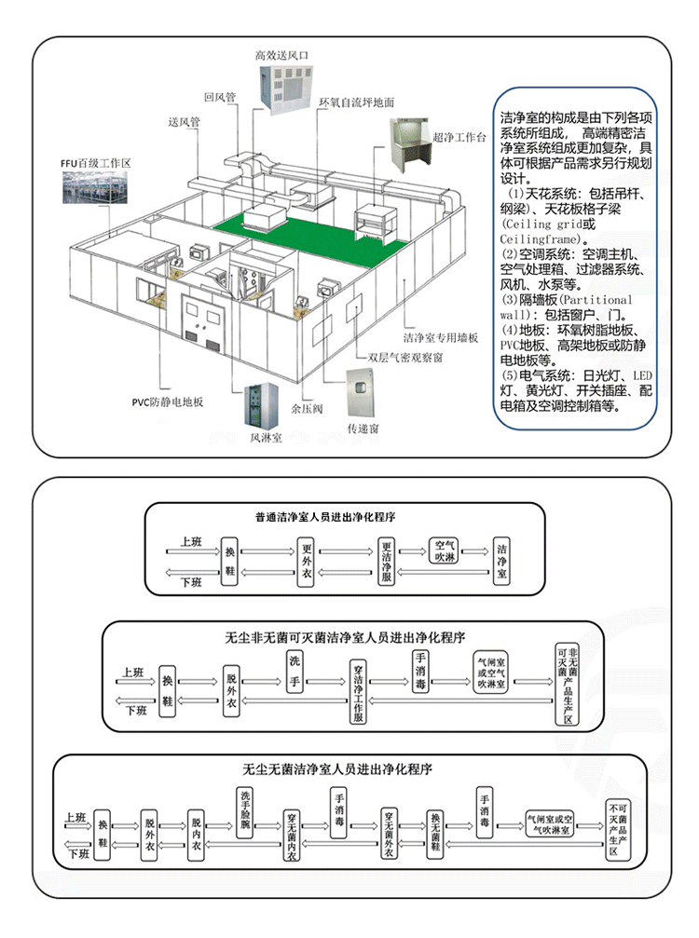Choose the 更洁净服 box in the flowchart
click(x=387, y=563)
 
